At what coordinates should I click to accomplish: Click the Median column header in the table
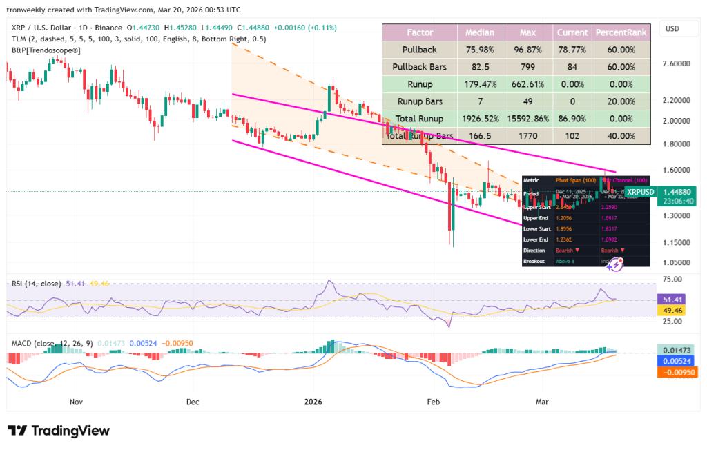point(479,32)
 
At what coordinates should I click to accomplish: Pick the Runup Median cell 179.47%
point(479,84)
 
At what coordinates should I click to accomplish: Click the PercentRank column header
point(621,32)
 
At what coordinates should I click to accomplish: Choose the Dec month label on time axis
point(193,401)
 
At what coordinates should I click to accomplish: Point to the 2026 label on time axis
point(313,401)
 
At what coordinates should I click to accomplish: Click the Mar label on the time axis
point(542,401)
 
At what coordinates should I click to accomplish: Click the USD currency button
point(671,29)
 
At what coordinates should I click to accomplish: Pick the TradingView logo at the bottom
point(59,431)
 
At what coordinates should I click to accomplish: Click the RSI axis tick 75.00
point(672,280)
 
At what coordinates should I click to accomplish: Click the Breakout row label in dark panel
point(535,261)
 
